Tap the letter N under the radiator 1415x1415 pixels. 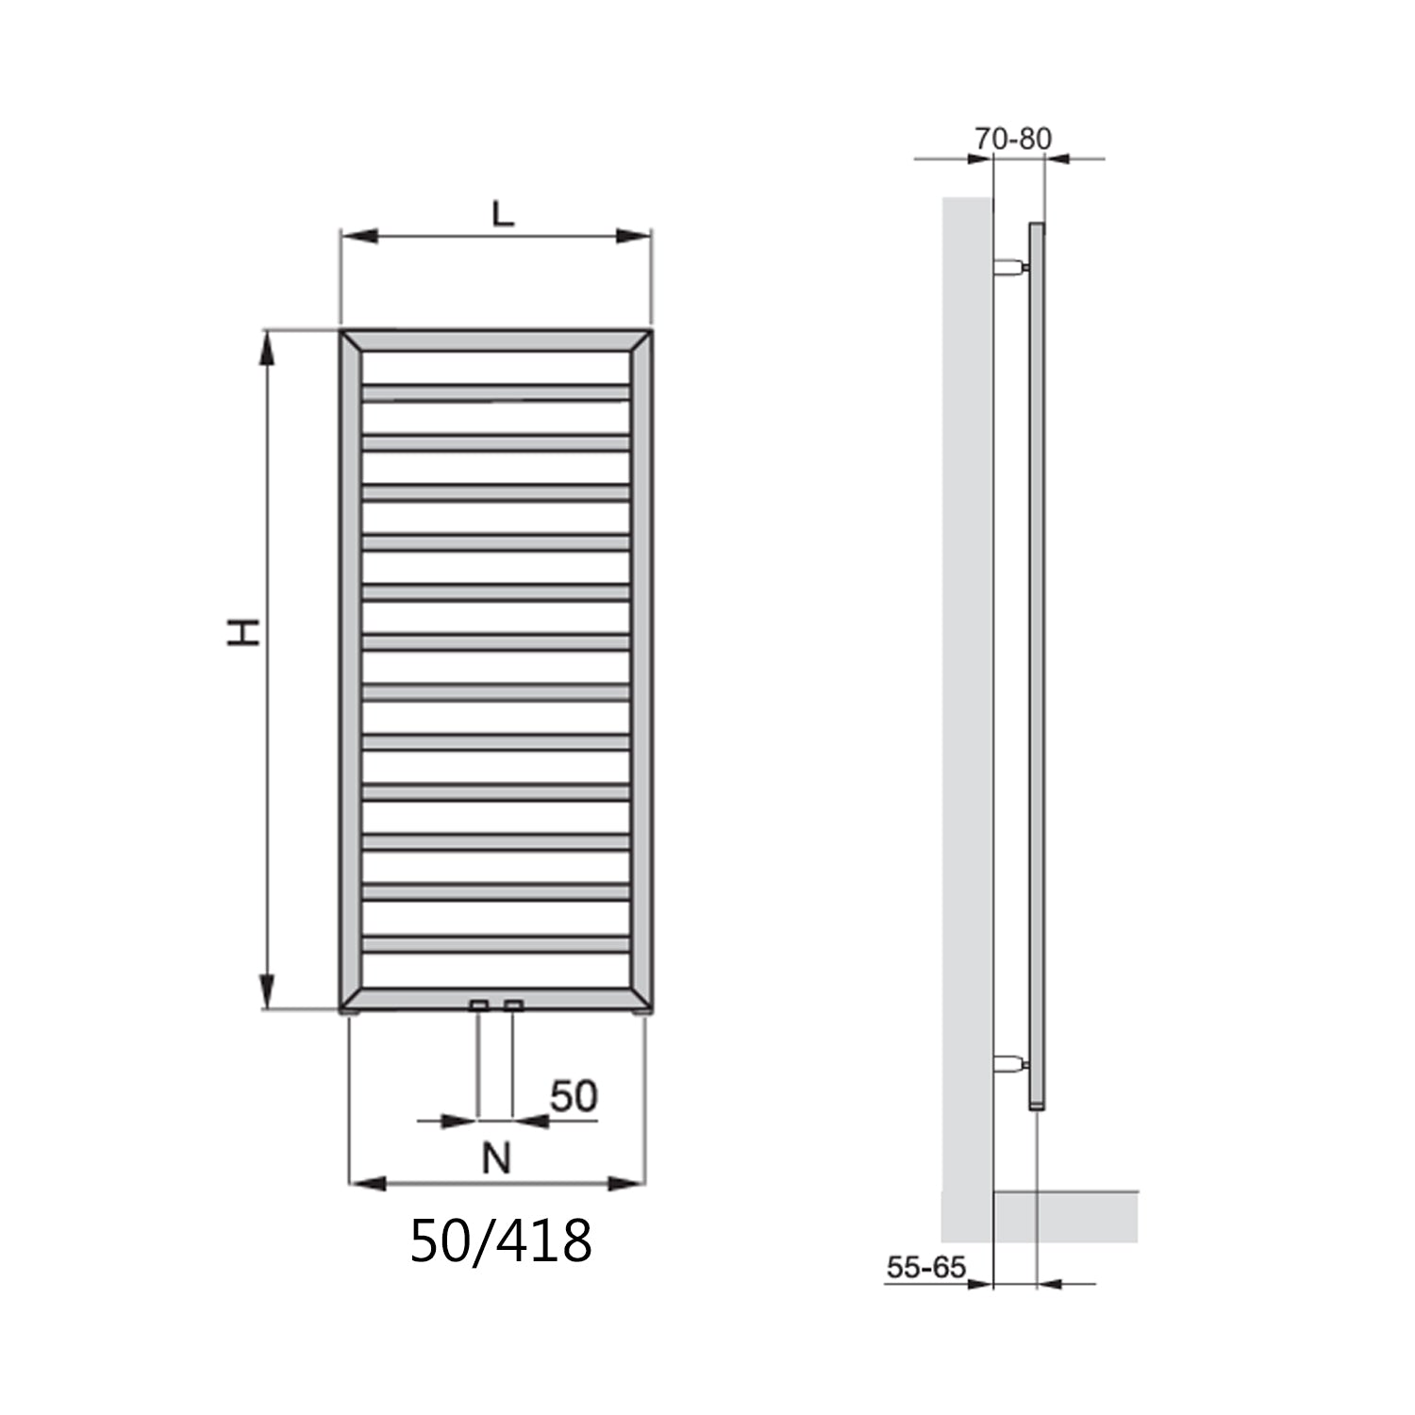496,1157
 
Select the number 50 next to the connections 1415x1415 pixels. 574,1096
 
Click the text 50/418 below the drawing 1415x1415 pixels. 500,1240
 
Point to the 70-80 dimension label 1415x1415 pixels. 1012,139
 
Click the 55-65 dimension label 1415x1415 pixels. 926,1267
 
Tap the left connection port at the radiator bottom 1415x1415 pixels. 479,1006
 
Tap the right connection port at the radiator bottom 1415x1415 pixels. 513,1006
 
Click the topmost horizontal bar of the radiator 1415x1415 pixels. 495,391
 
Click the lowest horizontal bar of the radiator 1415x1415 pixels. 495,943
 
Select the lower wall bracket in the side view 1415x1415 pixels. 1009,1066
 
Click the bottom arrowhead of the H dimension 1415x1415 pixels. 268,992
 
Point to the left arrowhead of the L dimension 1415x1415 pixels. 358,236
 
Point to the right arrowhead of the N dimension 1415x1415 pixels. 627,1183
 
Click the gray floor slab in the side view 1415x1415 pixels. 1066,1216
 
